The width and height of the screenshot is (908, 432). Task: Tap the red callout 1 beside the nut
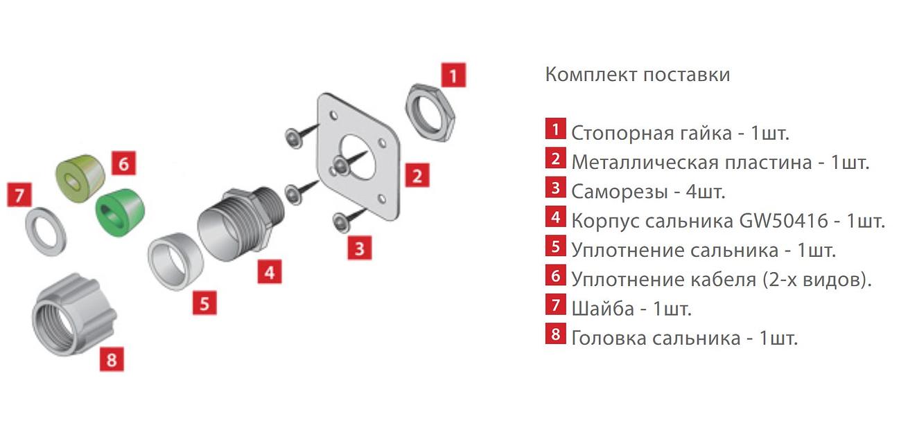point(453,75)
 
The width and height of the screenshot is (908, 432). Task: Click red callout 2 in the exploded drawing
point(417,176)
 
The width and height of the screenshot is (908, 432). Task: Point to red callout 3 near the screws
point(359,247)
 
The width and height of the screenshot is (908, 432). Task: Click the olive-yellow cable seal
point(80,177)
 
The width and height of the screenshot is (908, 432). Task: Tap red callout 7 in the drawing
point(19,195)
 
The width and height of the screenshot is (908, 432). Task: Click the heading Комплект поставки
point(638,74)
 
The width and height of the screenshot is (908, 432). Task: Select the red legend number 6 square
point(555,276)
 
